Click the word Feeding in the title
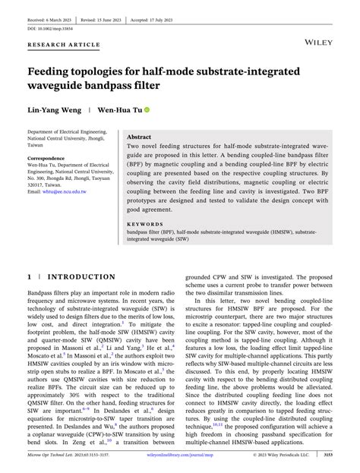pos(57,71)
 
